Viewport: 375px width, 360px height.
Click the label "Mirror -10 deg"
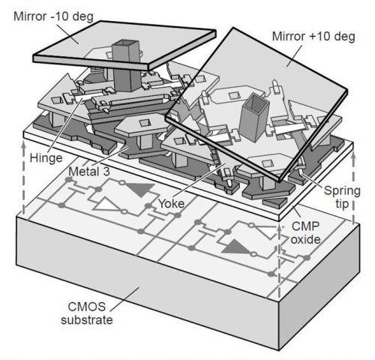[53, 16]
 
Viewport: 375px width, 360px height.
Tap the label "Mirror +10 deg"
[313, 37]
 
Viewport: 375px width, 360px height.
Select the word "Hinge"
[46, 158]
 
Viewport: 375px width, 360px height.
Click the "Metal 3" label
[89, 172]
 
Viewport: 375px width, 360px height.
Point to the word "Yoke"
[172, 203]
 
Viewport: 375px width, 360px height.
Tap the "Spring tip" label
[342, 197]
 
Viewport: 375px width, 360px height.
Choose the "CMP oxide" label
[305, 233]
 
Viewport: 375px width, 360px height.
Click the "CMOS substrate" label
[87, 313]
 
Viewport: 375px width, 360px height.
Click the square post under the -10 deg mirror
[126, 65]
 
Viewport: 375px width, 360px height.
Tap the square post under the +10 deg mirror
[253, 118]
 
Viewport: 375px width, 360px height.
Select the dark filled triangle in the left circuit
[140, 190]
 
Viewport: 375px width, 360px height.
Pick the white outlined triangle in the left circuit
[107, 205]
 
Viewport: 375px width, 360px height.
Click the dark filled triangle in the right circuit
[236, 247]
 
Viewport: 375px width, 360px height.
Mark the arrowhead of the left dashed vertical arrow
[23, 145]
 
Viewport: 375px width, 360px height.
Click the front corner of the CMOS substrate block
[278, 350]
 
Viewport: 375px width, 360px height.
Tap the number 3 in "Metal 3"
[106, 172]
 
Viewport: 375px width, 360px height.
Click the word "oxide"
[305, 239]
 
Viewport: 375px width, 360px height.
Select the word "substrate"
[87, 320]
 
